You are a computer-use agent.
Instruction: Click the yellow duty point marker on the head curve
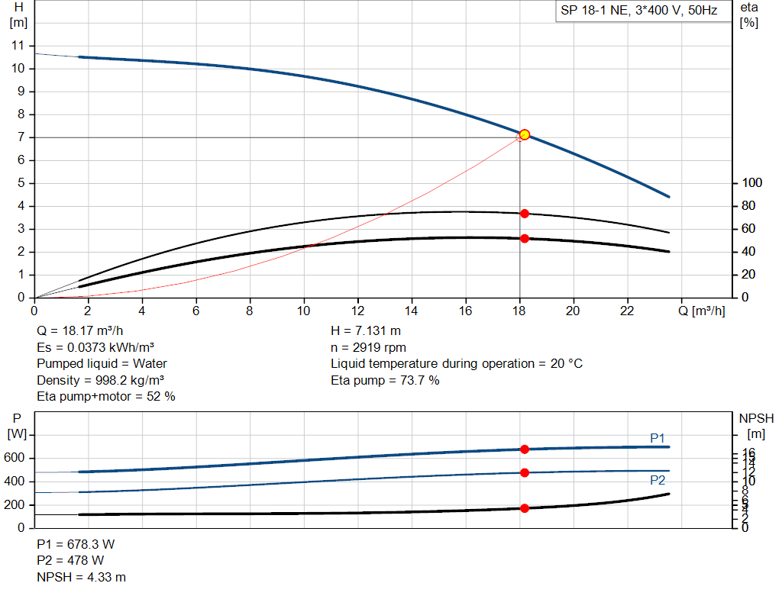[x=524, y=134]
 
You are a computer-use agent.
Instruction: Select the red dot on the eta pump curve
[x=525, y=214]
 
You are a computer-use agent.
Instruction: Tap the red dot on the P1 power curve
[x=525, y=449]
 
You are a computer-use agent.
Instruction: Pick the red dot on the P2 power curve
[x=525, y=472]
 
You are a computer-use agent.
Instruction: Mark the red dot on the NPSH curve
[x=525, y=508]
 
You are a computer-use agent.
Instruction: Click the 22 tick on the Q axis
[x=626, y=311]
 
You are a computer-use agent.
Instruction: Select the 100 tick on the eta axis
[x=751, y=183]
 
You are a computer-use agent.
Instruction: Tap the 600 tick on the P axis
[x=17, y=459]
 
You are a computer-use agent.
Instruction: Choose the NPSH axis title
[x=756, y=418]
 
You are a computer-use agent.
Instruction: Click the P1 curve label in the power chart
[x=657, y=438]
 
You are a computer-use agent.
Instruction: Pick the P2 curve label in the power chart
[x=657, y=480]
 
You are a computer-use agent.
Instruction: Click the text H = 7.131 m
[x=366, y=331]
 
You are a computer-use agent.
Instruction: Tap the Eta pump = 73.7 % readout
[x=385, y=380]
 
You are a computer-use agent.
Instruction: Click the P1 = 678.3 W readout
[x=76, y=545]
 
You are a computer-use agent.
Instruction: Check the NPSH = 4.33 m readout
[x=81, y=577]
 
